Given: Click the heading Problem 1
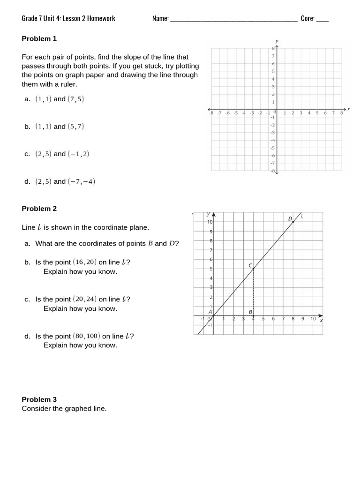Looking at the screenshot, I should tap(39, 38).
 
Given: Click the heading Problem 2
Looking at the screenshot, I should tap(39, 209).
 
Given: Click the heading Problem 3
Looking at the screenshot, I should tap(39, 399).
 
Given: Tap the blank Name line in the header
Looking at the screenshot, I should tap(233, 19).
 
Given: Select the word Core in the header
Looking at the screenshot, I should tap(307, 19).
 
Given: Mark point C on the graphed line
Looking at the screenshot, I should tap(253, 269).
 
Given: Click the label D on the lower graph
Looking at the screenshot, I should tap(290, 218).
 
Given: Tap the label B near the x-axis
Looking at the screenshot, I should tap(250, 312).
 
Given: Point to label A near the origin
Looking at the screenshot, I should tap(210, 311).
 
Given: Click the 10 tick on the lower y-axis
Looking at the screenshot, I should tap(210, 222).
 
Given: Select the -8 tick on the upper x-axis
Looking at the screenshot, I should tap(211, 113).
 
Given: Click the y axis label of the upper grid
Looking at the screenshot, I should tap(277, 41).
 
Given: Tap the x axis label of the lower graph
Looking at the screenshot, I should tap(321, 321).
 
